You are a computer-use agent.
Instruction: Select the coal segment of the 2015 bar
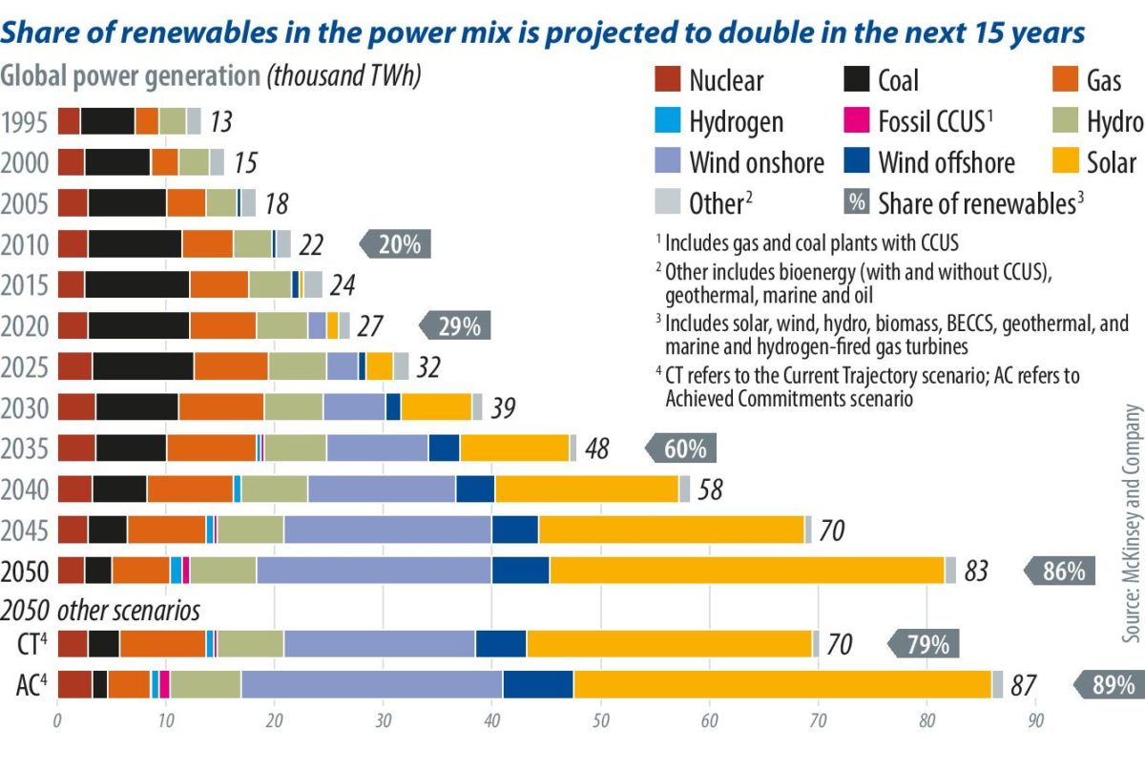(x=136, y=284)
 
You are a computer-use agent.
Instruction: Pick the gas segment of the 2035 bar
(x=211, y=447)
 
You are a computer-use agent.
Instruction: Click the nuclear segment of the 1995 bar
(x=69, y=121)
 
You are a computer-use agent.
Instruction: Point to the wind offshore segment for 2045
(x=515, y=529)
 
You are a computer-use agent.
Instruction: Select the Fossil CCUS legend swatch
(x=857, y=121)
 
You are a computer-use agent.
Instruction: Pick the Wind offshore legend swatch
(x=857, y=161)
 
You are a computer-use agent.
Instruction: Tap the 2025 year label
(x=28, y=367)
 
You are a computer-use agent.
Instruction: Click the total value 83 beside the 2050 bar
(x=976, y=572)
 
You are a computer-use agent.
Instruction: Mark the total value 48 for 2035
(x=597, y=448)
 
